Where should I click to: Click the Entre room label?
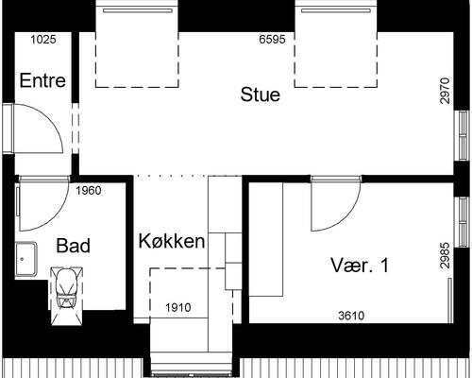coord(42,81)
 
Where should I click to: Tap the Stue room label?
coord(260,94)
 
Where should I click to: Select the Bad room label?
coord(73,247)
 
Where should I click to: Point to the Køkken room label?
coord(172,242)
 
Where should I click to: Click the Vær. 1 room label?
coord(359,266)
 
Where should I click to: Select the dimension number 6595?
coord(273,40)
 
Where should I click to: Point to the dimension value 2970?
coord(445,94)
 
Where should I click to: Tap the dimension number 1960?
coord(88,191)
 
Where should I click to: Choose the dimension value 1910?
coord(179,308)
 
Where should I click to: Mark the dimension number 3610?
coord(351,316)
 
